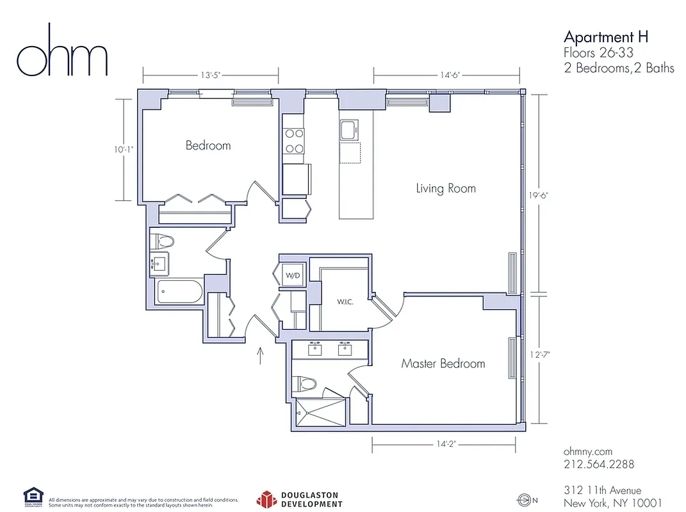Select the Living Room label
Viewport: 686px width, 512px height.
(x=446, y=188)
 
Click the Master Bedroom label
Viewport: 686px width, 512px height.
(x=443, y=364)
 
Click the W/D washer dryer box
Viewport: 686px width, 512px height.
(x=291, y=276)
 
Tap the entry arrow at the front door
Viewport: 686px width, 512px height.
(x=261, y=356)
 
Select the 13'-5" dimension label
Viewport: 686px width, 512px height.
(x=211, y=75)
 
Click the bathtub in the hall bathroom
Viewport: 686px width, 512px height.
(x=179, y=292)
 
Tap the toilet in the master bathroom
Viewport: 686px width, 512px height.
(x=306, y=384)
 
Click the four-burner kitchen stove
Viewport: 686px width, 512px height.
(x=295, y=141)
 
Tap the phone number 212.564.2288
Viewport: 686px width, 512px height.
(x=599, y=464)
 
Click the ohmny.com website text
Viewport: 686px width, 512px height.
(x=588, y=451)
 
